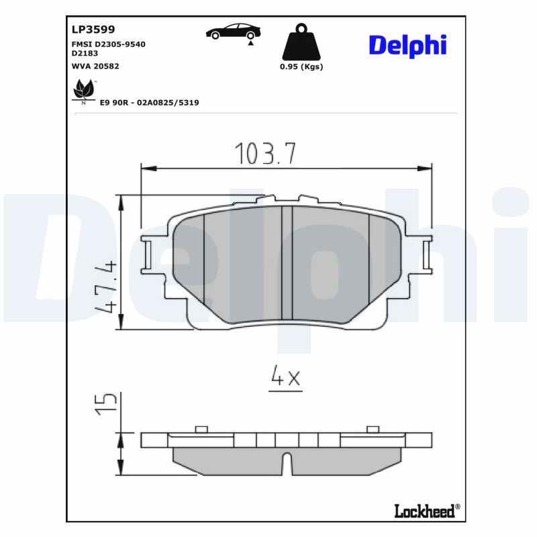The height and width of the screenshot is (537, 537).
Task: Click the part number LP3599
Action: point(93,30)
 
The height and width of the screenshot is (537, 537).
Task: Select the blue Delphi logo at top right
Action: point(407,46)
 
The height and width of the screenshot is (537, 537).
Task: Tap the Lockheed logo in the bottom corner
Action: point(427,511)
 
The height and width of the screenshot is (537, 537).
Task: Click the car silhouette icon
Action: point(233,32)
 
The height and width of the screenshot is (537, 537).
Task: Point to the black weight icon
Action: point(301,42)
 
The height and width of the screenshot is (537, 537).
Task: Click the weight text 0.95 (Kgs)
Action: point(301,66)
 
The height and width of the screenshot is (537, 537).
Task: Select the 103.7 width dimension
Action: point(265,153)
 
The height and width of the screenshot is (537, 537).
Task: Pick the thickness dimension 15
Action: point(106,404)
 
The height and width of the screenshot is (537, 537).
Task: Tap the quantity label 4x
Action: point(285,376)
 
